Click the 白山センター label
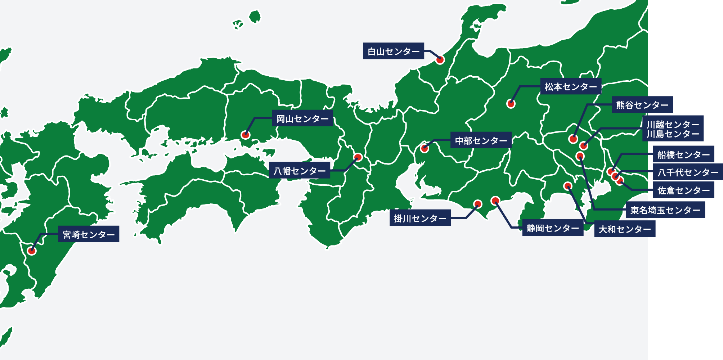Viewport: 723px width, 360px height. coord(393,51)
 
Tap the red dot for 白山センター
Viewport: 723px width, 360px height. coord(440,60)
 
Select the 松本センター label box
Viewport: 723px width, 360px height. coord(571,86)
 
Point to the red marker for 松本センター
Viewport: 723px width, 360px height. coord(511,104)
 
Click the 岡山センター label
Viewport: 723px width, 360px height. coord(302,118)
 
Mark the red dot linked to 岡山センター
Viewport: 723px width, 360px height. coord(245,135)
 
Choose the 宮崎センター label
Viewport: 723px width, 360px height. coord(89,234)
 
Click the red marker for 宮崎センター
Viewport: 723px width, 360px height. coord(32,251)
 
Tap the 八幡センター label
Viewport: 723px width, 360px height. coord(299,170)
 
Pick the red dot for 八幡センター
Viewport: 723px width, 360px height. coord(358,157)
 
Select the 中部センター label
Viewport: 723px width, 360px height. coord(481,140)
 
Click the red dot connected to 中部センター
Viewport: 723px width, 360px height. coord(425,148)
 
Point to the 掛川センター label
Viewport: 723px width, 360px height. coord(420,218)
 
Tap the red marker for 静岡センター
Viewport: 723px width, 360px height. coord(495,201)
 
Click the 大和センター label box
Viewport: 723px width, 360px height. coord(625,229)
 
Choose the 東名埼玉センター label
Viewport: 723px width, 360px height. coord(665,210)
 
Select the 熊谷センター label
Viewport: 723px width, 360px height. coord(642,105)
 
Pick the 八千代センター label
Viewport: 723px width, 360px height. coord(688,172)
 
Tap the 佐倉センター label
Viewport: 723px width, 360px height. coord(683,190)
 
